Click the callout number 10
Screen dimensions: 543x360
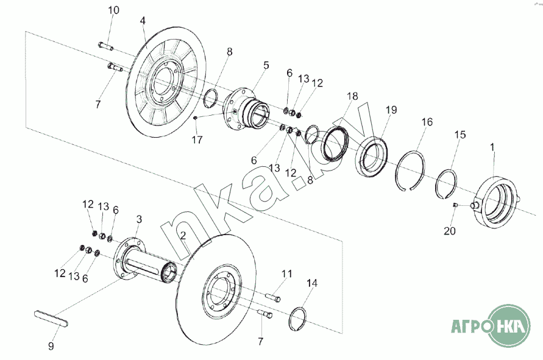[x=113, y=10]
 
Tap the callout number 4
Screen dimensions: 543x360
[x=143, y=21]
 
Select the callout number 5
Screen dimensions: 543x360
[x=266, y=65]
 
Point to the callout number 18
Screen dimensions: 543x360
[x=352, y=96]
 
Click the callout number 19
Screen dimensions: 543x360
[x=391, y=110]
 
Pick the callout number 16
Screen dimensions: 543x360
[x=427, y=122]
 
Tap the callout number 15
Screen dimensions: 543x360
[x=460, y=134]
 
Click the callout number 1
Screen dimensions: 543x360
[x=492, y=147]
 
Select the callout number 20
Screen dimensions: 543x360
[x=450, y=231]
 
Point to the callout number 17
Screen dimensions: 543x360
[x=197, y=140]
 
